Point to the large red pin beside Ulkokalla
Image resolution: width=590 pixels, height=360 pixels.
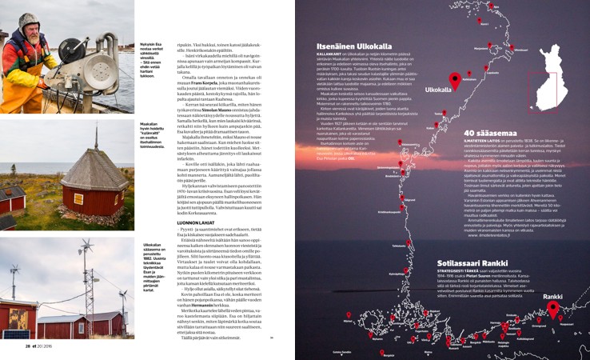pos(455,79)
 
